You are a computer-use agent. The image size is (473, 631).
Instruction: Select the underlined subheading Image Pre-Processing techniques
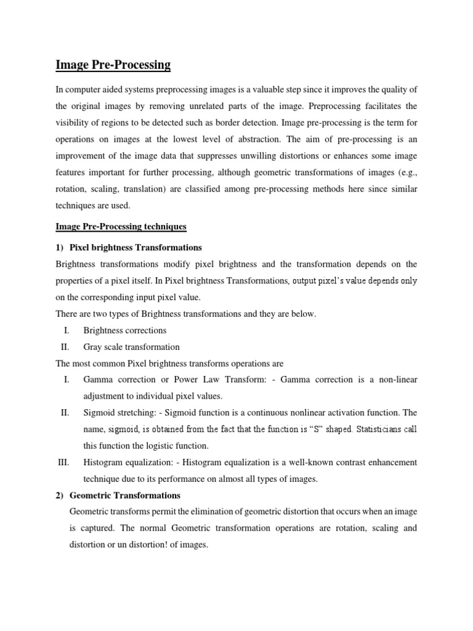(121, 227)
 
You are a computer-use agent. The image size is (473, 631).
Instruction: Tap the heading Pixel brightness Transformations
(135, 247)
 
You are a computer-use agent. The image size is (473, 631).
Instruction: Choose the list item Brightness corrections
(125, 330)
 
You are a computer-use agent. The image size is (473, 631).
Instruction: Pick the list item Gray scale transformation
(131, 347)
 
